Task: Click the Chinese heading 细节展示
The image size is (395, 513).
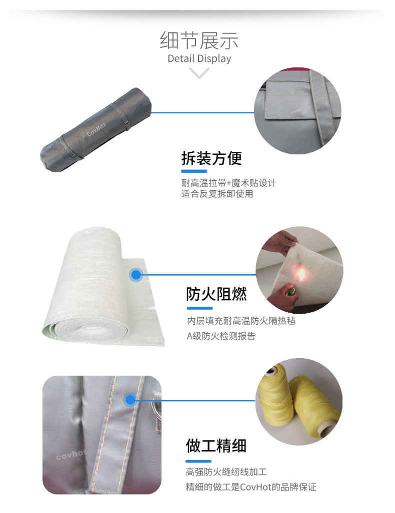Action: tap(199, 40)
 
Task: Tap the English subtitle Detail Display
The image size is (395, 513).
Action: tap(199, 58)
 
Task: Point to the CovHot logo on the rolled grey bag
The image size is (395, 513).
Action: tap(96, 129)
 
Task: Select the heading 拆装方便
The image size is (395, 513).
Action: tap(211, 158)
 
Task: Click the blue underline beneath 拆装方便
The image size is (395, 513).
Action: tap(194, 171)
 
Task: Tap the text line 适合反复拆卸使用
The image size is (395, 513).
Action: tap(217, 194)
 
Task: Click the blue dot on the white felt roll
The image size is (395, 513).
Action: tap(136, 275)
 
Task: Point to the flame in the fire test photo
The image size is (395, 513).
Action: tap(300, 274)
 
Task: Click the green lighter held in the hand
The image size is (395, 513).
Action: tap(290, 291)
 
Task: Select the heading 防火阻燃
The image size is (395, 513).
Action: tap(216, 294)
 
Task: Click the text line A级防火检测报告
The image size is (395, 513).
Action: tap(221, 336)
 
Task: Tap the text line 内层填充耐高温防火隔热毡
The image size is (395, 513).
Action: tap(241, 321)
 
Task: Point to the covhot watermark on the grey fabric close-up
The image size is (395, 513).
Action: tap(70, 455)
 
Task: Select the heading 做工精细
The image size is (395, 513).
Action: tap(216, 446)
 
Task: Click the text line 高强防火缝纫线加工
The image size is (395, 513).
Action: tap(226, 472)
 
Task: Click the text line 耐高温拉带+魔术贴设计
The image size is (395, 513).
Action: tap(228, 182)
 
